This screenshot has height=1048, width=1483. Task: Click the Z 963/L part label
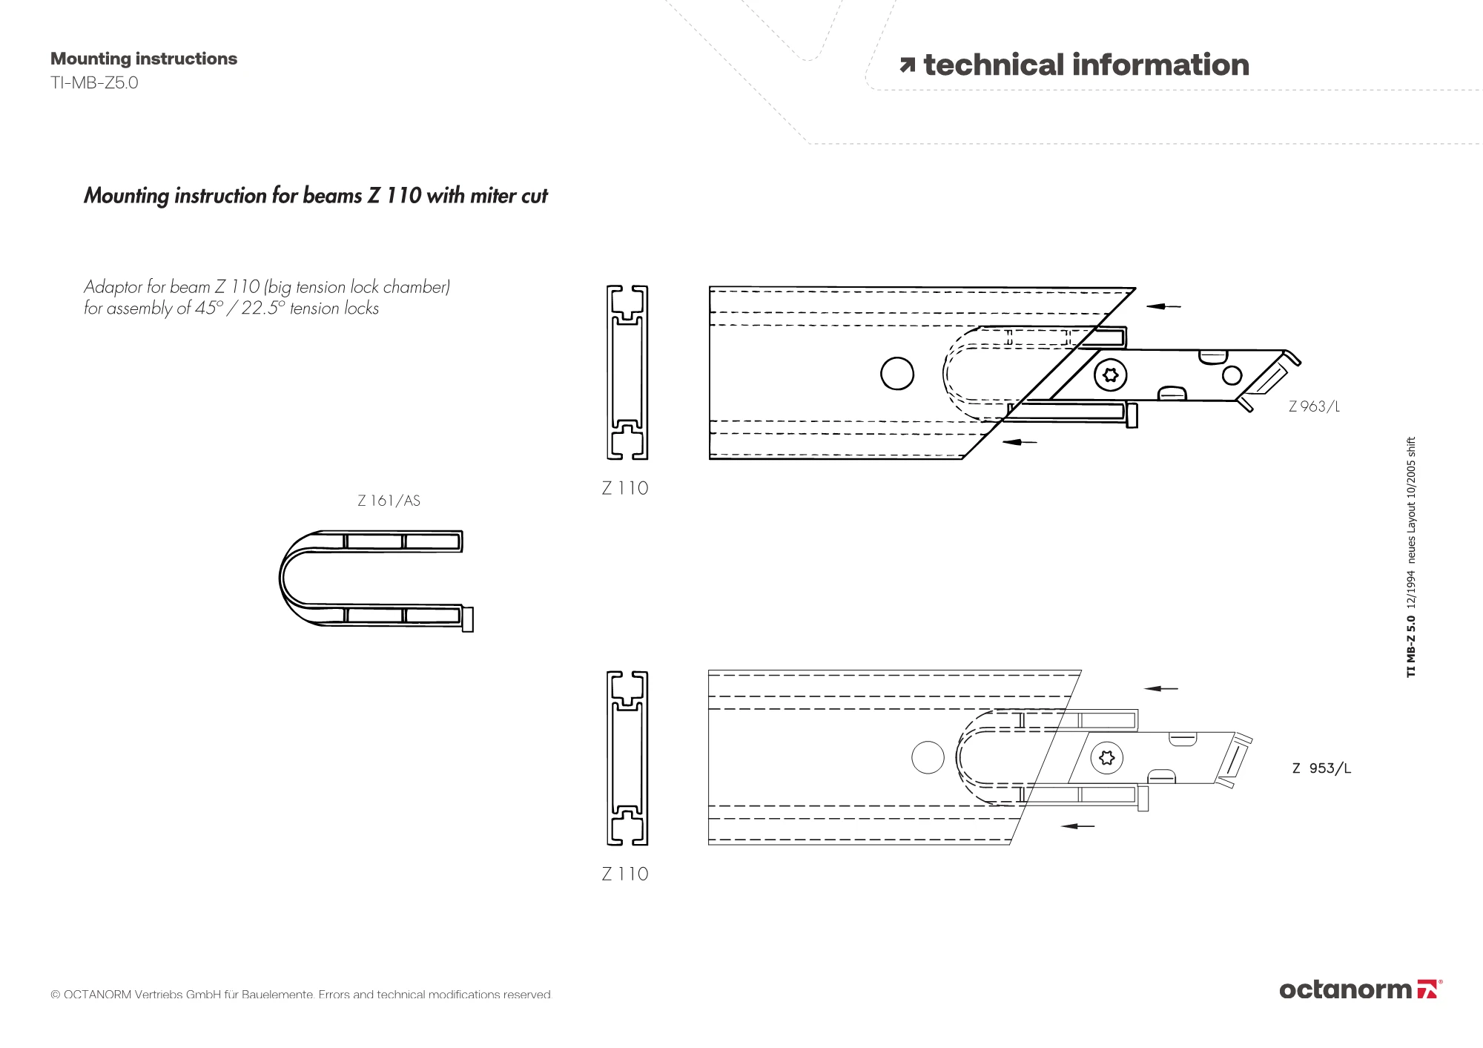[1314, 406]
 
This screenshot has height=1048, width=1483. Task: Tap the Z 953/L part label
[1321, 768]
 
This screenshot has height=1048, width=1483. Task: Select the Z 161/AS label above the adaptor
[389, 501]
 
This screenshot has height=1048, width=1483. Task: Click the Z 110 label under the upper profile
[625, 488]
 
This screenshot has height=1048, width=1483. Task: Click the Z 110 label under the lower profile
[625, 874]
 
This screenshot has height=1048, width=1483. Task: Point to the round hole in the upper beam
[896, 373]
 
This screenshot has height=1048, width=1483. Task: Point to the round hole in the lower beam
[928, 758]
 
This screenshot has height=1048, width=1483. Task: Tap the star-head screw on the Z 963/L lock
[1110, 375]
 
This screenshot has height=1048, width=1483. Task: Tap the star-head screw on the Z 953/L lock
[1107, 758]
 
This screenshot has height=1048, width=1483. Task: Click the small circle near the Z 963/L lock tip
[1232, 375]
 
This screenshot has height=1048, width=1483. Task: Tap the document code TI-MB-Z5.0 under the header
[94, 82]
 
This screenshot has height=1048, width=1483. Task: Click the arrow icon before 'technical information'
[907, 66]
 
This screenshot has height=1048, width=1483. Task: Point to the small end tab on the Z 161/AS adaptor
[468, 619]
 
